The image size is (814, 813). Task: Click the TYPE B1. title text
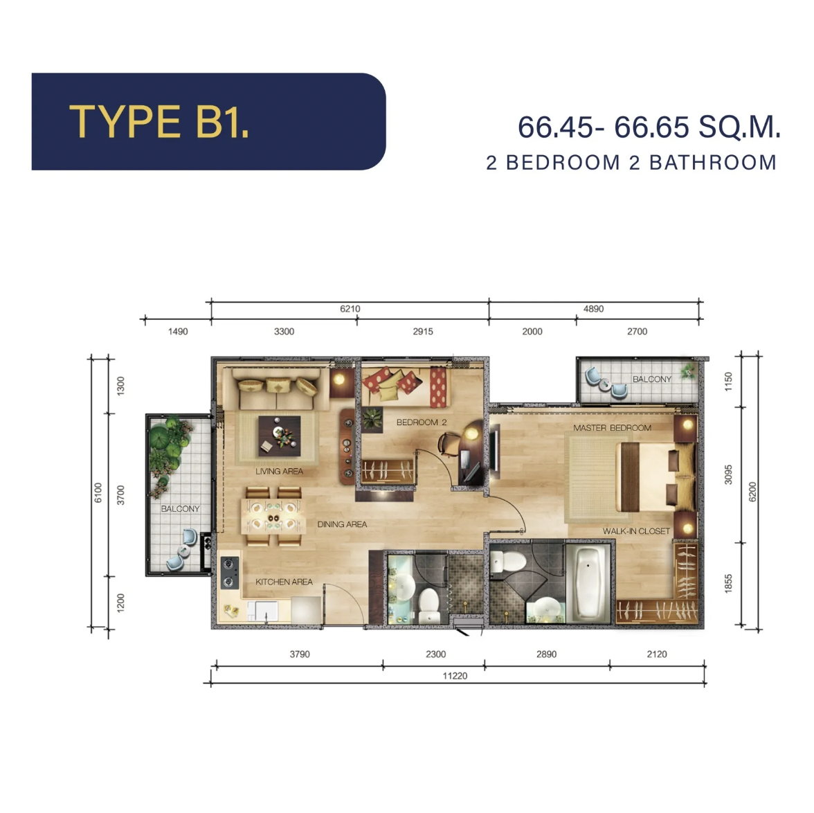pyautogui.click(x=159, y=122)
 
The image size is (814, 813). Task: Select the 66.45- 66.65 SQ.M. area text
pyautogui.click(x=649, y=127)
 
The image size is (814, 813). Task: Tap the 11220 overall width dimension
pyautogui.click(x=455, y=675)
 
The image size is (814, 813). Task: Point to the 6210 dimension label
pyautogui.click(x=350, y=309)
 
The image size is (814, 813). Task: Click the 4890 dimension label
pyautogui.click(x=593, y=309)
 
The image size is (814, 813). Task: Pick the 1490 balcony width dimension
pyautogui.click(x=177, y=332)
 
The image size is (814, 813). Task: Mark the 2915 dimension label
pyautogui.click(x=422, y=332)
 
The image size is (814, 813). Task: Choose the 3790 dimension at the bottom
pyautogui.click(x=300, y=654)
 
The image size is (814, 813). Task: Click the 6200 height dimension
pyautogui.click(x=752, y=492)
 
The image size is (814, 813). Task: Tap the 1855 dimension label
pyautogui.click(x=728, y=583)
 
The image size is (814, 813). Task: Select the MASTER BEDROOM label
pyautogui.click(x=612, y=427)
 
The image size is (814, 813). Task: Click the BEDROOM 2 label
pyautogui.click(x=422, y=422)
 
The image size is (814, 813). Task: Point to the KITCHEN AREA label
pyautogui.click(x=284, y=582)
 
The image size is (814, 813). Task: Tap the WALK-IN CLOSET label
pyautogui.click(x=637, y=531)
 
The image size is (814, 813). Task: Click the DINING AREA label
pyautogui.click(x=342, y=524)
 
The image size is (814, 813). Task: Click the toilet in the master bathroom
pyautogui.click(x=509, y=562)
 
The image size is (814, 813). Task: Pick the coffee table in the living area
pyautogui.click(x=280, y=436)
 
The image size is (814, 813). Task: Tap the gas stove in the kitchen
pyautogui.click(x=230, y=573)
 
